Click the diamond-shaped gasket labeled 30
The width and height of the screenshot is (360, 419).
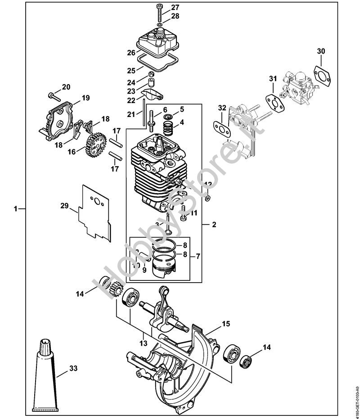click(x=320, y=74)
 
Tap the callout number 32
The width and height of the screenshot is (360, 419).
click(x=221, y=108)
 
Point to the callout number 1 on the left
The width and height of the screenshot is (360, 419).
click(x=16, y=209)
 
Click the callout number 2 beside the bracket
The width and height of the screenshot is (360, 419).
click(x=214, y=224)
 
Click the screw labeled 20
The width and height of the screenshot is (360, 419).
click(x=54, y=95)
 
